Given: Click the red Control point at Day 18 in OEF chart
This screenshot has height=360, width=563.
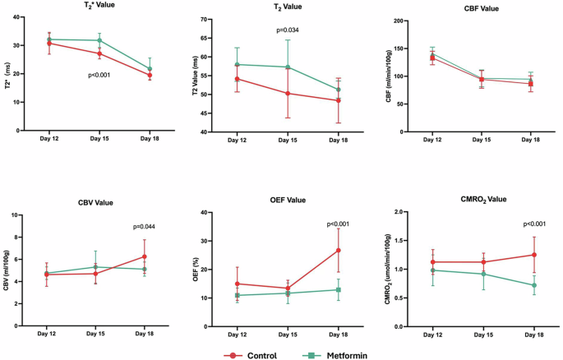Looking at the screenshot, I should click(x=338, y=250).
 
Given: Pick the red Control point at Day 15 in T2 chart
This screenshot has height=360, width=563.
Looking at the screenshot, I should click(x=288, y=94).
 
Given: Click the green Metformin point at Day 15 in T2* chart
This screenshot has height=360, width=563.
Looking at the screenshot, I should click(x=99, y=40).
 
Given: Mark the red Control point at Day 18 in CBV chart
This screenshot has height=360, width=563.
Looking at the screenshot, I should click(x=145, y=257).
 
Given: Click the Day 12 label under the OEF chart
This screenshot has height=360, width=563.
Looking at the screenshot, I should click(x=237, y=335).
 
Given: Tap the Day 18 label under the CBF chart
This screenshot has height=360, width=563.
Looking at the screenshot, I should click(x=531, y=141).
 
